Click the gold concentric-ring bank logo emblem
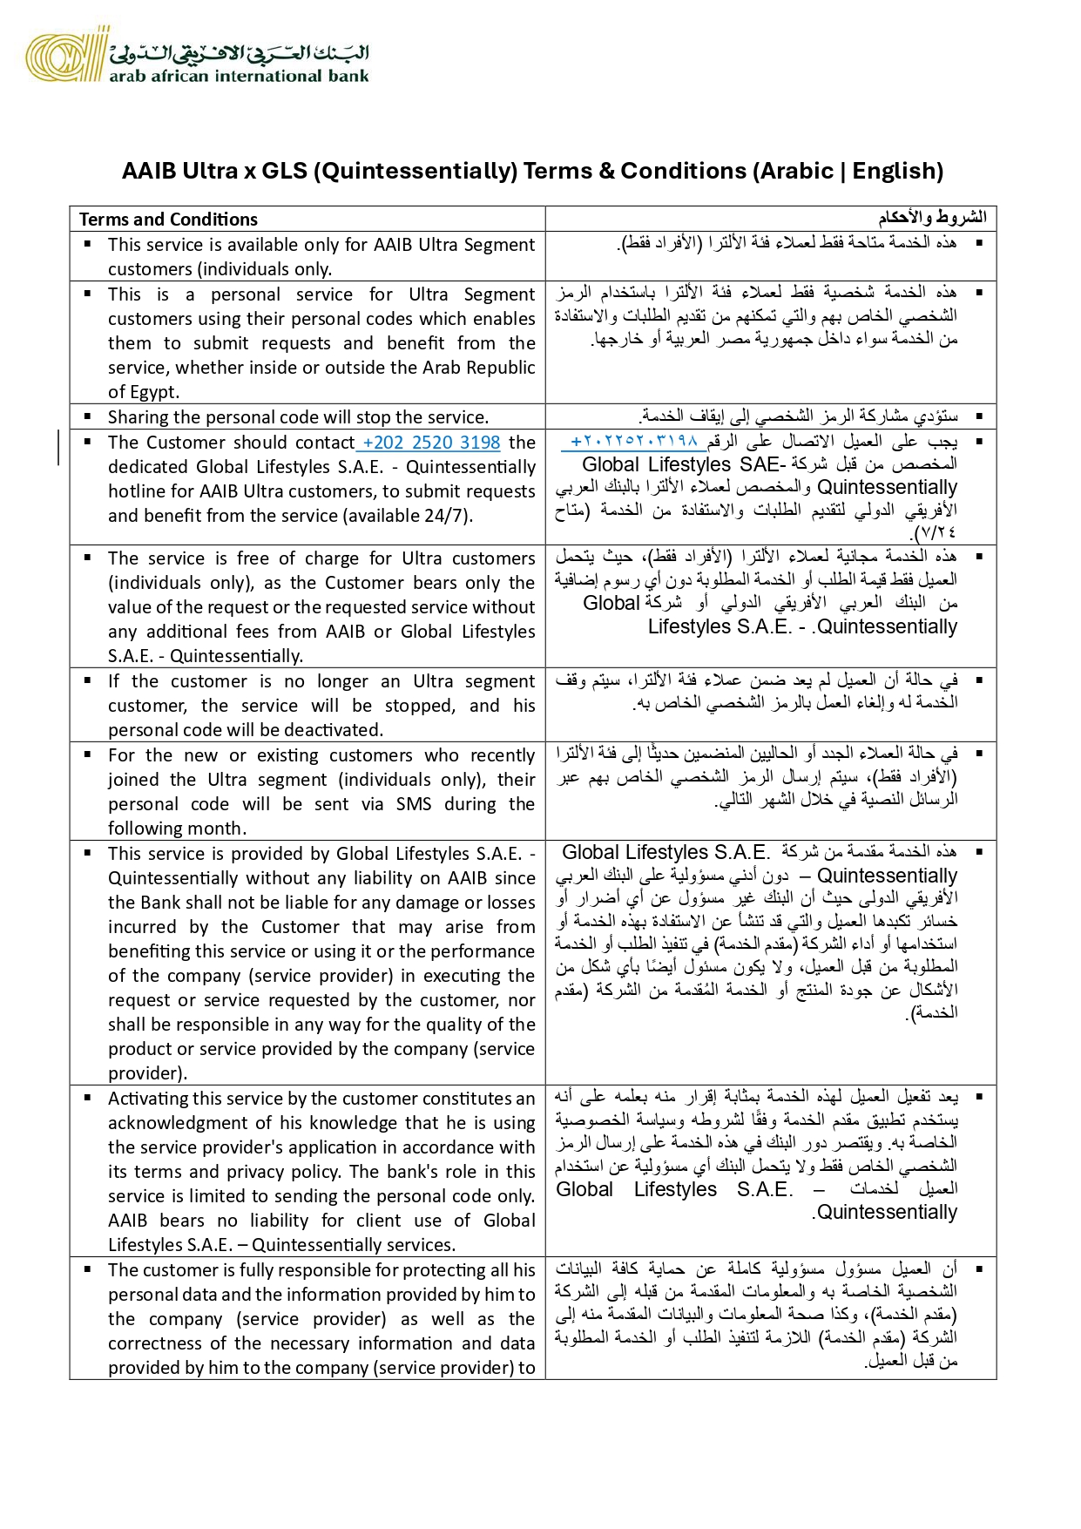[x=61, y=57]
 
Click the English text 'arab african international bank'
[x=239, y=76]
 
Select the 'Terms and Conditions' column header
[x=168, y=220]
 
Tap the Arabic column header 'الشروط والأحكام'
[x=932, y=217]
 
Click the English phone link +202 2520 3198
[x=431, y=443]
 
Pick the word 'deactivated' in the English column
[x=334, y=730]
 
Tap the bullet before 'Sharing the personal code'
[x=87, y=416]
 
